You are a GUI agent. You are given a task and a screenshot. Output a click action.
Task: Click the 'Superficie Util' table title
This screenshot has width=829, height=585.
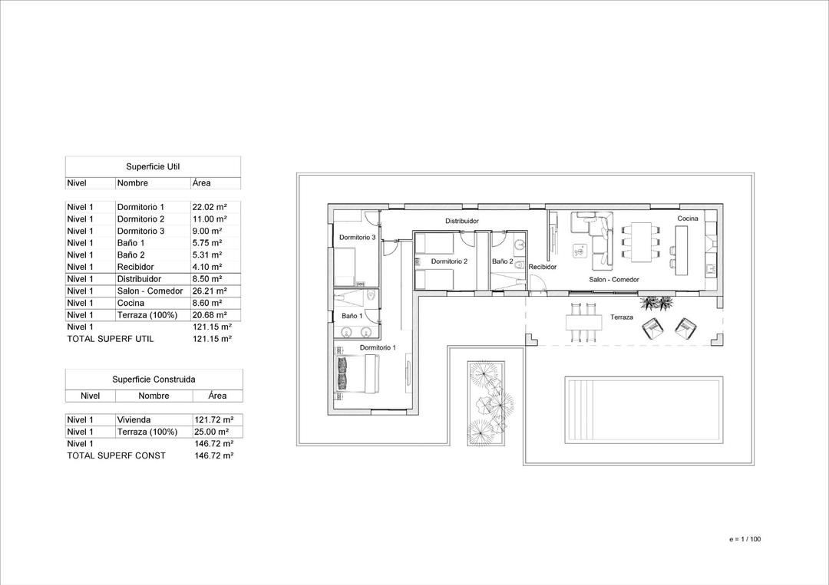coord(153,166)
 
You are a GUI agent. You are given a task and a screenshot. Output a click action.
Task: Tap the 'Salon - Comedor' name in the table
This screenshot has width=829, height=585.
coord(150,291)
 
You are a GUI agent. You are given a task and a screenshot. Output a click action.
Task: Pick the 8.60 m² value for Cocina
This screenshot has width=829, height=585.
coord(209,303)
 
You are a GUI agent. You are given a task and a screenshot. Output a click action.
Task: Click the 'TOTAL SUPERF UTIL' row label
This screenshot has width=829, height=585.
coord(110,338)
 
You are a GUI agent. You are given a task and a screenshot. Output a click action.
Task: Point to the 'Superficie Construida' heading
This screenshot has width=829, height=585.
coord(154,379)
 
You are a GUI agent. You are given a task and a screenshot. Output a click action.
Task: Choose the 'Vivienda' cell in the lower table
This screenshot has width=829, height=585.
coord(134,419)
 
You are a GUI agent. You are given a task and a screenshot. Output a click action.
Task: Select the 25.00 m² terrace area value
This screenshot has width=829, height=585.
coord(213,432)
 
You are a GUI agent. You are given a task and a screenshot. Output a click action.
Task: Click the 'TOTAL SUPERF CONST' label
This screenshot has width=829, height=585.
coord(116,455)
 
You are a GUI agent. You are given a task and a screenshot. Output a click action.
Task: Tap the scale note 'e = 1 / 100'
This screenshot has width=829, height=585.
coord(745,539)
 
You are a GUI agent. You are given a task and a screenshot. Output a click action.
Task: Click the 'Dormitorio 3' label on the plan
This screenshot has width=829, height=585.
coord(357,238)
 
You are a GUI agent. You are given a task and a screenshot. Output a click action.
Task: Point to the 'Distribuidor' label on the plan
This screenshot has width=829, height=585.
coord(462,221)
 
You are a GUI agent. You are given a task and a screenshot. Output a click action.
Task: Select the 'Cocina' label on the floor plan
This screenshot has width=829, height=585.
coord(687,219)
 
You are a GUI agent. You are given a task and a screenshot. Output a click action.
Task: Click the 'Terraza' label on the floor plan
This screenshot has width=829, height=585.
coord(621,317)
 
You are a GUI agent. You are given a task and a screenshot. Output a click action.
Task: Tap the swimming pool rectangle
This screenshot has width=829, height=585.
coord(642,409)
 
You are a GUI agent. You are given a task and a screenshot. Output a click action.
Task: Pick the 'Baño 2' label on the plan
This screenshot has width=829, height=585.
coord(502,261)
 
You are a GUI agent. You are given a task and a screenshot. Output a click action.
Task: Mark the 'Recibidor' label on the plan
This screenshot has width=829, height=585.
coord(542,267)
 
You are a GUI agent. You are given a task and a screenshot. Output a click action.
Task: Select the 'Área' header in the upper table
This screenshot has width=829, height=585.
coord(202,183)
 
